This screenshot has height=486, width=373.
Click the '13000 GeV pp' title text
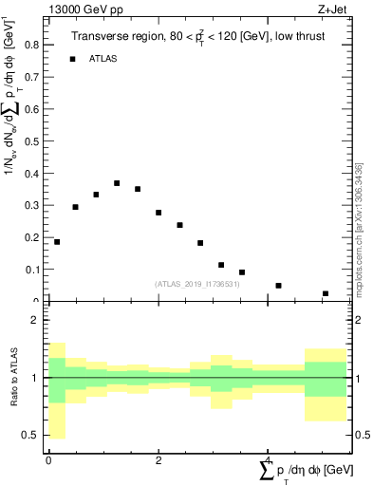(84, 9)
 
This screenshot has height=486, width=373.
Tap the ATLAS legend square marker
(72, 59)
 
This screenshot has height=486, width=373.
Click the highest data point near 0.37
(117, 183)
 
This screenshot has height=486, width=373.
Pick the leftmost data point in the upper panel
(57, 242)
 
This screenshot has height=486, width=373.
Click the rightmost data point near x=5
(326, 293)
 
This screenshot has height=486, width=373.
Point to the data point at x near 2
(159, 213)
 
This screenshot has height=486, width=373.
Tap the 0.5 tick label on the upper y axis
(30, 140)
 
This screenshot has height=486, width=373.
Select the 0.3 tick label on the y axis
(30, 205)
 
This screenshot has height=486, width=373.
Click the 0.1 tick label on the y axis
(30, 270)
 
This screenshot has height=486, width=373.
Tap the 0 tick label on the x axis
(48, 460)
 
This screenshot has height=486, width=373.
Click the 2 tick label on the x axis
(159, 460)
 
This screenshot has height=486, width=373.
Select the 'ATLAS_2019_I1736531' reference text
(198, 284)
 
